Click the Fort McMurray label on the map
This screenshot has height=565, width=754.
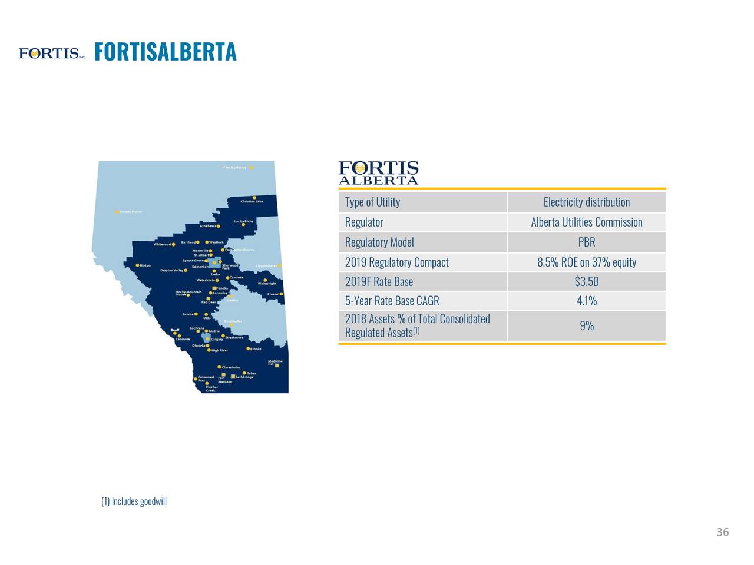coord(234,168)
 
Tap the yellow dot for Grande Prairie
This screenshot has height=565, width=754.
coord(117,212)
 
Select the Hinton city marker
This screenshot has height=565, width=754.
coord(138,265)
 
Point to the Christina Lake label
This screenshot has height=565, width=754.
coord(252,202)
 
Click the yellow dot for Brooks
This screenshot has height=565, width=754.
coord(248,348)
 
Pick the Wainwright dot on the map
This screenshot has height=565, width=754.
coord(266,280)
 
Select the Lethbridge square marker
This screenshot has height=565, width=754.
coord(233,376)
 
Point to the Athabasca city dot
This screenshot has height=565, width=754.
coord(219,226)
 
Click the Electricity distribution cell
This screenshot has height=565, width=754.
coord(586,202)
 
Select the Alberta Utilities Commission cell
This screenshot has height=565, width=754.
coord(586,222)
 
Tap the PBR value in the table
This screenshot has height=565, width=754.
coord(586,242)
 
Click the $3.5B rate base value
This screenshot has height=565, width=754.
coord(586,282)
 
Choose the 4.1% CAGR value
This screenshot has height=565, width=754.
coord(586,301)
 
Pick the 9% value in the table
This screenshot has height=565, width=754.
coord(586,325)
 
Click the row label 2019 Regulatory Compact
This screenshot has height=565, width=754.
coord(396,262)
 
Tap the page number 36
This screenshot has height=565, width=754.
coord(722,533)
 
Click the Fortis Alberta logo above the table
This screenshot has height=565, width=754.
coord(378,173)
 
